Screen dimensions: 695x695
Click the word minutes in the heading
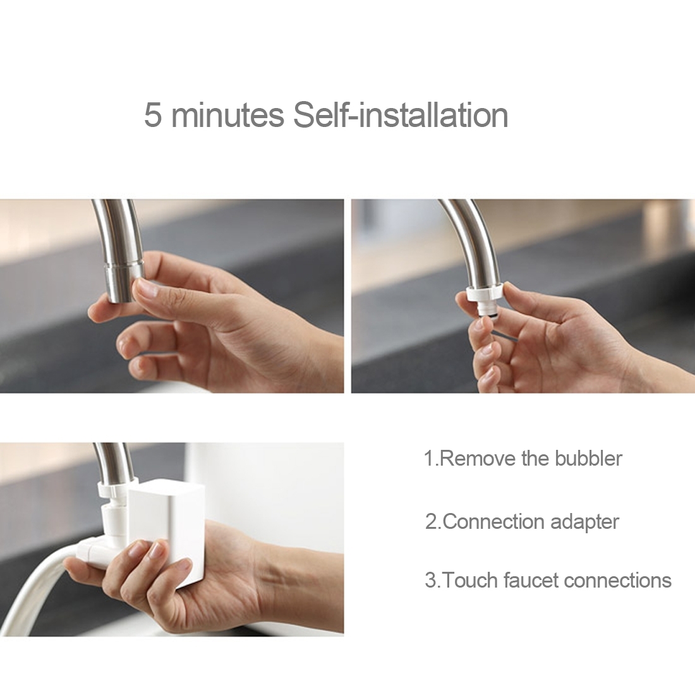pos(227,115)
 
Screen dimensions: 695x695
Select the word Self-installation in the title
pos(400,115)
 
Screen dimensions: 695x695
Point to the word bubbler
pos(588,458)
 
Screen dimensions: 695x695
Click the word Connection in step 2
pos(493,521)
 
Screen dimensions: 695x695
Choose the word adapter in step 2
pos(584,522)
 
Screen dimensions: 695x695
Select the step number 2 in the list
pos(432,521)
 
